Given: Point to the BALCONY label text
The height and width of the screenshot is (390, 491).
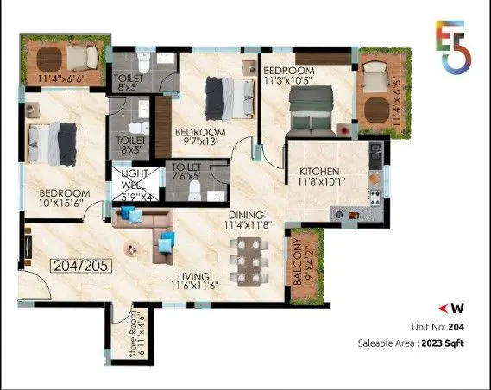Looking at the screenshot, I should pyautogui.click(x=299, y=267).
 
